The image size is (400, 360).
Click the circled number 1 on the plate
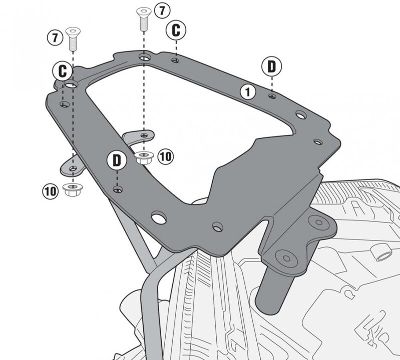coord(247,91)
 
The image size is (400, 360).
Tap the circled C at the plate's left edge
coord(62,70)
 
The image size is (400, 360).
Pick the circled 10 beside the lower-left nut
coord(50,190)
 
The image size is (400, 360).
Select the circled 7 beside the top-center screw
coord(161,9)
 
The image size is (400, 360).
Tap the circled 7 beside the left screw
coord(55,37)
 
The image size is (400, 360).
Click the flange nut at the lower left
coord(72,190)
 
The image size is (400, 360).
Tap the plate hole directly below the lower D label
coord(117,189)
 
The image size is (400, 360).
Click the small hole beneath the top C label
coord(175,60)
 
